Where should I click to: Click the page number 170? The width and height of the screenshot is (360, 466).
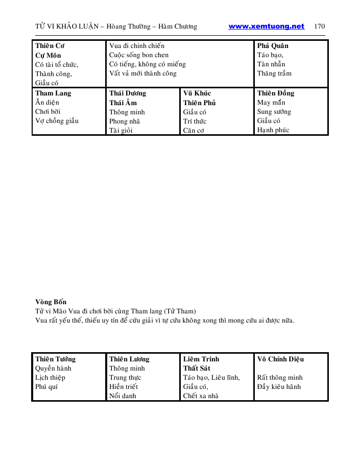coord(320,27)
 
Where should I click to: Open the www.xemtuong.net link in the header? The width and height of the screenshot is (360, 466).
coord(266,27)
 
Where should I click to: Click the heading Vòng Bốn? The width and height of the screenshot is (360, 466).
coord(51,302)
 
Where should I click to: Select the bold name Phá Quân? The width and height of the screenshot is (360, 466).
coord(273,46)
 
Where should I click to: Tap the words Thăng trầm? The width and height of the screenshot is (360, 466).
coord(274,73)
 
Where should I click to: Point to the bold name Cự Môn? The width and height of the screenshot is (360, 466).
coord(48,55)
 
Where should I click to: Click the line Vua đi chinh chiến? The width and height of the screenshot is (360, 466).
coord(137,46)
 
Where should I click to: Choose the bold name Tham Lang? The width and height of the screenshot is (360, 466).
coord(53,93)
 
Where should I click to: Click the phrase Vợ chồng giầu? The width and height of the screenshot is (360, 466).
coord(57,121)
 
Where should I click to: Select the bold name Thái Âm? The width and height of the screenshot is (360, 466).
coord(123,103)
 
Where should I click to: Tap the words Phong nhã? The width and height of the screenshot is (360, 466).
coord(125,121)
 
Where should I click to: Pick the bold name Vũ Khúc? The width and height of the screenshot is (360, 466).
coord(197,93)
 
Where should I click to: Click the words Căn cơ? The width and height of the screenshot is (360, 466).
coord(194,130)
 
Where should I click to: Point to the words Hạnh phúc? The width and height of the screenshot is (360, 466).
coord(273,130)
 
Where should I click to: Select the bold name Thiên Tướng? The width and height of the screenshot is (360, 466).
coord(55,359)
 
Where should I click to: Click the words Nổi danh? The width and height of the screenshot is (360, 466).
coord(123,396)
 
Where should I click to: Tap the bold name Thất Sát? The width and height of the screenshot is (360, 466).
coord(197,369)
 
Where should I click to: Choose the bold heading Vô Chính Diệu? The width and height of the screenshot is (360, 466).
coord(280,359)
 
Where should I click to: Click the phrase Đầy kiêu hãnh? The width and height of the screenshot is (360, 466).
coord(279,387)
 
